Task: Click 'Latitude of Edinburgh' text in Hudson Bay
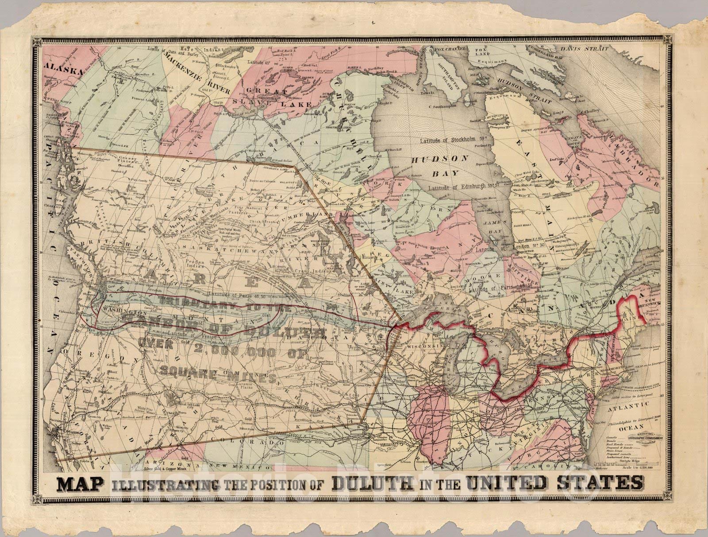460,188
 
